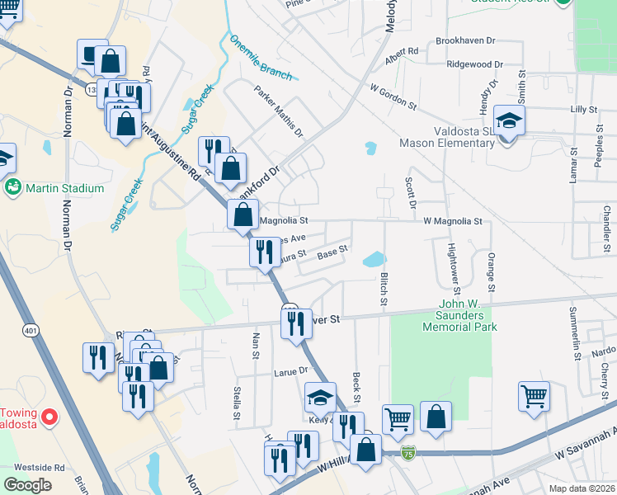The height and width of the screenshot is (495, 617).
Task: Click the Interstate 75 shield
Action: pyautogui.click(x=408, y=453)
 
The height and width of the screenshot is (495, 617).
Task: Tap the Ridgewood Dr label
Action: pyautogui.click(x=473, y=64)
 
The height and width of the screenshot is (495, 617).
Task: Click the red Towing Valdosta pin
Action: pyautogui.click(x=49, y=417)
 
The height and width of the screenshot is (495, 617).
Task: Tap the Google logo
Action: pyautogui.click(x=28, y=485)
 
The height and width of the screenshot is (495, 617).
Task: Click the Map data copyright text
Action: pyautogui.click(x=582, y=488)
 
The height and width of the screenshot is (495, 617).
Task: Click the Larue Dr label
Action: pyautogui.click(x=290, y=372)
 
